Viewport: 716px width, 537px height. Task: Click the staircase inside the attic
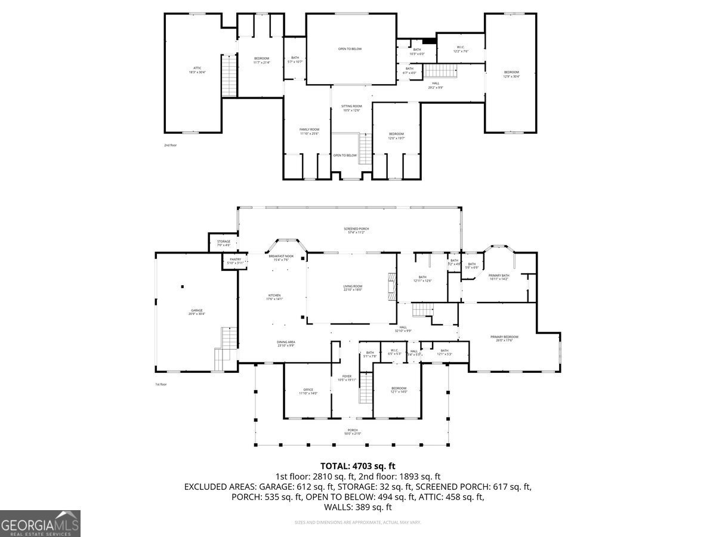click(x=229, y=75)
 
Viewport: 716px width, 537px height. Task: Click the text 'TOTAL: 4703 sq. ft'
click(x=357, y=466)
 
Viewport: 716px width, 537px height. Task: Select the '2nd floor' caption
click(x=171, y=145)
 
